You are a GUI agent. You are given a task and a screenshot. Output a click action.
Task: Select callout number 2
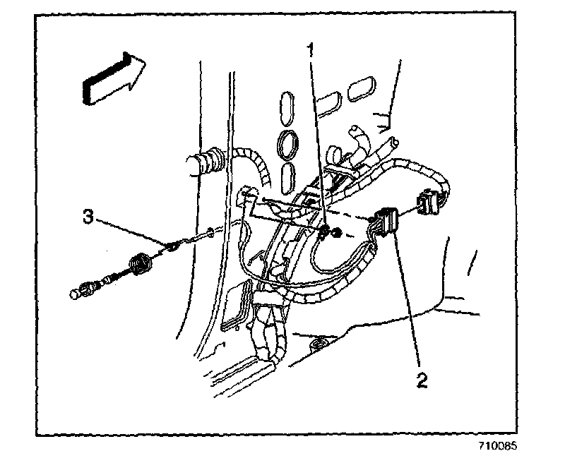[x=421, y=382]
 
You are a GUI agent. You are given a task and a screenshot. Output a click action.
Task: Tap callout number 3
[x=88, y=217]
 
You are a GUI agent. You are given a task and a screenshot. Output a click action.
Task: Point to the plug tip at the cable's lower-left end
[x=77, y=291]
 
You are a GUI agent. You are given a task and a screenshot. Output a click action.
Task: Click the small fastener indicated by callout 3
[x=172, y=246]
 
